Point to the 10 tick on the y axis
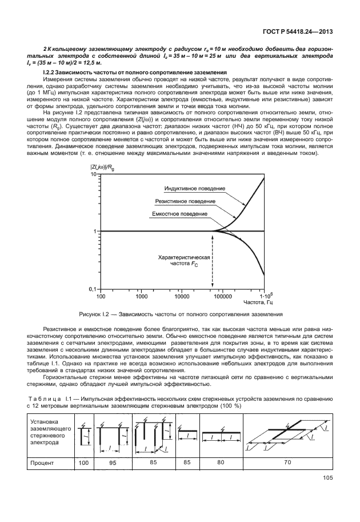[94, 173]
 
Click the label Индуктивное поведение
[195, 189]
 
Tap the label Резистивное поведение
[186, 201]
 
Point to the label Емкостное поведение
[179, 213]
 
